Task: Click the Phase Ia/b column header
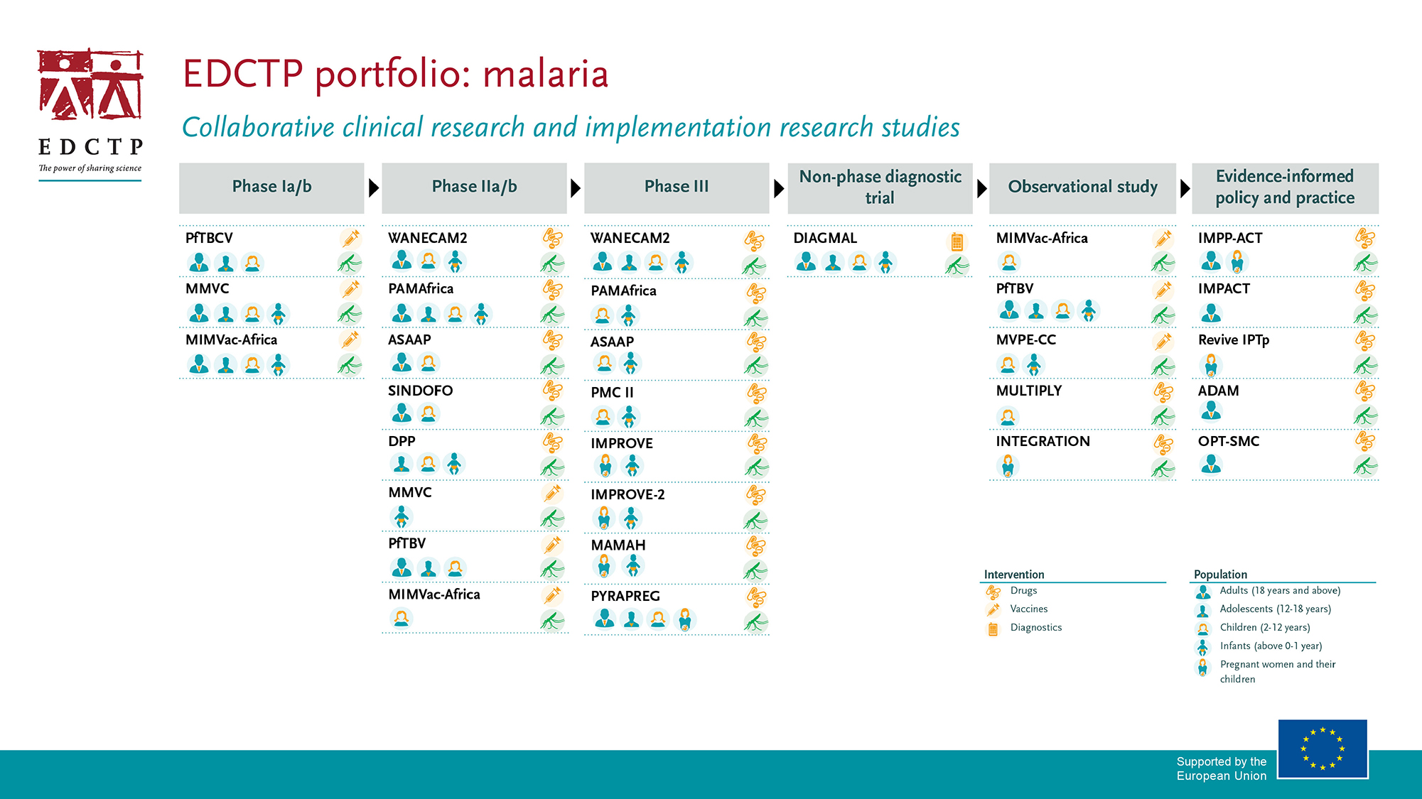tap(271, 187)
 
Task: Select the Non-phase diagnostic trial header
tap(880, 187)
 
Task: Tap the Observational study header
tap(1082, 187)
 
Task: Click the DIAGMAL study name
tap(825, 238)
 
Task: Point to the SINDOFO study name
tap(420, 391)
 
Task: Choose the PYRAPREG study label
tap(625, 596)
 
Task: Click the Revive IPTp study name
tap(1234, 340)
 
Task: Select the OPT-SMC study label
tap(1229, 441)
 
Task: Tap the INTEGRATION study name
tap(1043, 441)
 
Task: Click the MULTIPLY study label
tap(1028, 391)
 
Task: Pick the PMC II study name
tap(612, 393)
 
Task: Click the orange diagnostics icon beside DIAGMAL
tap(957, 241)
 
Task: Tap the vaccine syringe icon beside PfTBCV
tap(350, 238)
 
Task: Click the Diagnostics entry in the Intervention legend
tap(1036, 627)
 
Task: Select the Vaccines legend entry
tap(1029, 609)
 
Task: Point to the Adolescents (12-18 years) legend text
tap(1276, 609)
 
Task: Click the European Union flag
tap(1323, 749)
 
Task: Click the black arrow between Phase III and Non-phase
tap(779, 188)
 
